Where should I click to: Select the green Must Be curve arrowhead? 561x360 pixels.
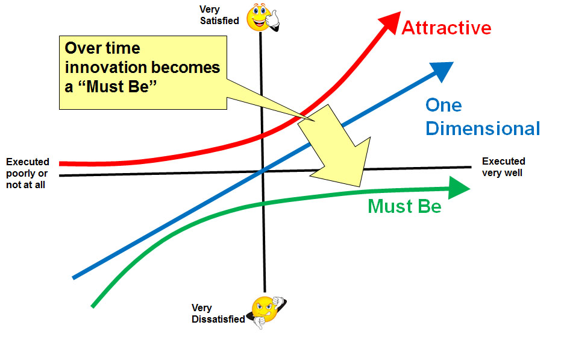click(x=458, y=188)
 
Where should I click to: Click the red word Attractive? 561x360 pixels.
click(x=446, y=28)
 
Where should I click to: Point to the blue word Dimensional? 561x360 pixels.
click(x=482, y=128)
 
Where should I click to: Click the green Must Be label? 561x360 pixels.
click(x=404, y=206)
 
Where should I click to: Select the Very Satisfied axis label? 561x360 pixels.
click(x=219, y=15)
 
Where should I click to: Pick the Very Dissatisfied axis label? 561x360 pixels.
click(x=218, y=314)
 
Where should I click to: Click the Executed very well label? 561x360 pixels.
click(x=503, y=167)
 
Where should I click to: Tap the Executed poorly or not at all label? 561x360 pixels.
click(x=27, y=173)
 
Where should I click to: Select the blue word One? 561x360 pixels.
click(x=443, y=106)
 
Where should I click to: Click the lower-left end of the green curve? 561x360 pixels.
click(x=93, y=305)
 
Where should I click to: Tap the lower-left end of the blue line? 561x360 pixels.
click(x=74, y=277)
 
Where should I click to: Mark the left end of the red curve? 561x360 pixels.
click(x=61, y=163)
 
